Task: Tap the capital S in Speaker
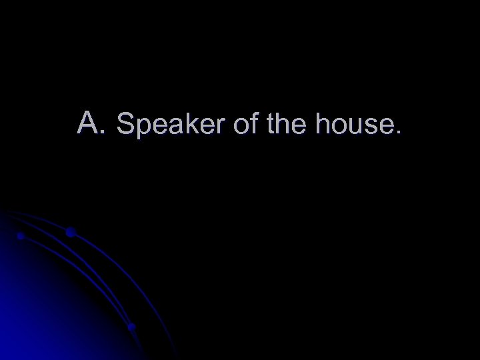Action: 125,123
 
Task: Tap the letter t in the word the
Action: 269,124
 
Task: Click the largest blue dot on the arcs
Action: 70,232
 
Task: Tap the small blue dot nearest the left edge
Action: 21,236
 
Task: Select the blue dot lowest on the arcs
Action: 131,327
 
